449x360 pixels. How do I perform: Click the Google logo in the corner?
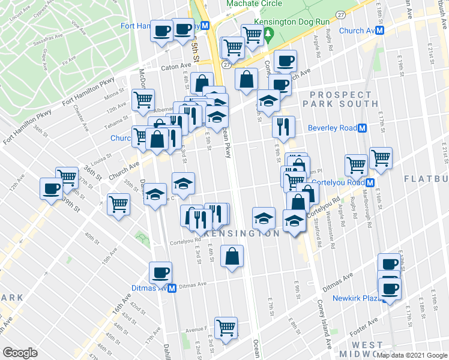pyautogui.click(x=20, y=353)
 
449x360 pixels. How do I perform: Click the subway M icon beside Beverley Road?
pyautogui.click(x=362, y=128)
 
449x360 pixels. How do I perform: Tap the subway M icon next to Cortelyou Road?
pyautogui.click(x=370, y=182)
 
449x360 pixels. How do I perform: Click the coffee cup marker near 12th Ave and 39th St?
pyautogui.click(x=50, y=188)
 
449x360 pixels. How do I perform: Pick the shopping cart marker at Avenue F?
pyautogui.click(x=226, y=327)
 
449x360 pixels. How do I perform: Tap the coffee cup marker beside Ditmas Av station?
pyautogui.click(x=160, y=272)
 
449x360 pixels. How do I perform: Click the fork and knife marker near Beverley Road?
pyautogui.click(x=283, y=127)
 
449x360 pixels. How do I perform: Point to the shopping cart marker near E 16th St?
pyautogui.click(x=381, y=158)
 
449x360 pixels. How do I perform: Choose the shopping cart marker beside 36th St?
pyautogui.click(x=67, y=177)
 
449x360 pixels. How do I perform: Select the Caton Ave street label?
pyautogui.click(x=175, y=68)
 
